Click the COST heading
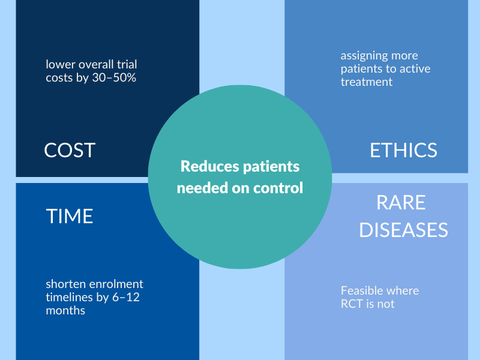70,149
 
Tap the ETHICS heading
403,149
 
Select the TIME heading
70,216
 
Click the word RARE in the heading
401,203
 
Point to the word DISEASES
403,230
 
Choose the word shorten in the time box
65,284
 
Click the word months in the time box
65,310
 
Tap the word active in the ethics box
413,69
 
